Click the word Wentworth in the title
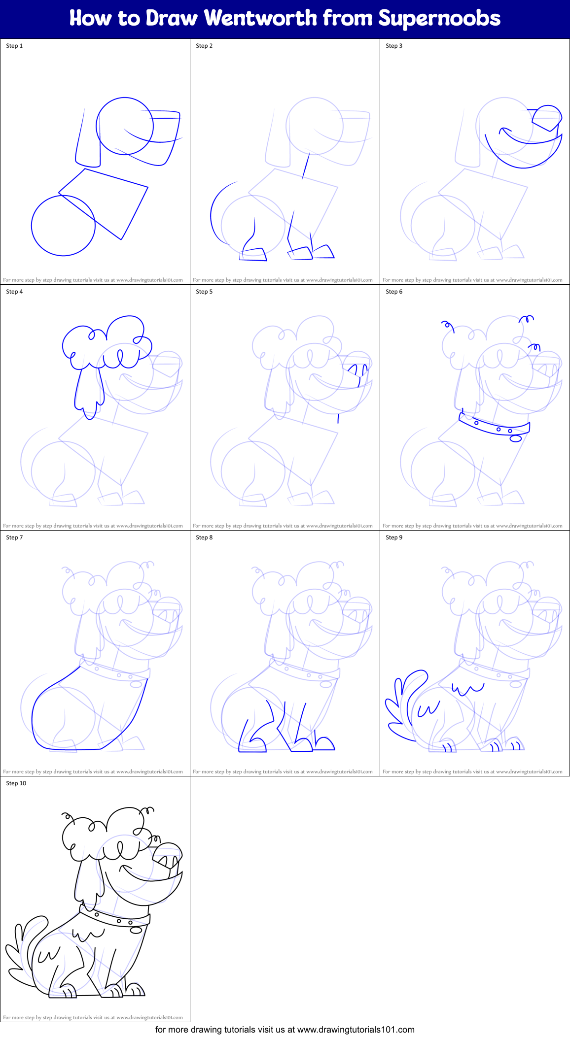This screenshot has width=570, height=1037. tap(260, 18)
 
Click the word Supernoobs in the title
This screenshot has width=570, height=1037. tap(439, 18)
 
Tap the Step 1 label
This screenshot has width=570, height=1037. tap(14, 46)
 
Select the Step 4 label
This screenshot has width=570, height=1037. tap(14, 292)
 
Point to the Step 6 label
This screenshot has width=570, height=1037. tap(394, 292)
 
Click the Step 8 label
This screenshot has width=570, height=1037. tap(204, 537)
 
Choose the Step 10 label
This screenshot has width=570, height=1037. tap(16, 783)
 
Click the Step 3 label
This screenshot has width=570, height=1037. tap(394, 46)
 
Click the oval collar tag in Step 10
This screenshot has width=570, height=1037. tap(136, 930)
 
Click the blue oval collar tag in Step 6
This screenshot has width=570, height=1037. tap(515, 438)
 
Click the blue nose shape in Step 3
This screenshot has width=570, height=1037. tap(547, 117)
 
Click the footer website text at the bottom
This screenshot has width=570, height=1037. tap(285, 1030)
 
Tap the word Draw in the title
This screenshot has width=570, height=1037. tap(171, 18)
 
